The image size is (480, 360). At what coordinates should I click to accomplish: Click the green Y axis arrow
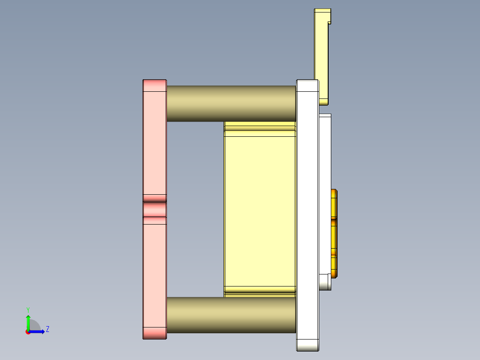point(28,322)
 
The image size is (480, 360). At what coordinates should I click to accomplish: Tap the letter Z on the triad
point(47,329)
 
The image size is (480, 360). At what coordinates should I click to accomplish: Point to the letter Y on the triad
point(28,309)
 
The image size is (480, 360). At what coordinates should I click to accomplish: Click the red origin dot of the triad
point(28,332)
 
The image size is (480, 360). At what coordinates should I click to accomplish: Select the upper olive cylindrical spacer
point(231,103)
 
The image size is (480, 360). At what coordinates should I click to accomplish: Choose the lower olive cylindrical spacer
point(231,315)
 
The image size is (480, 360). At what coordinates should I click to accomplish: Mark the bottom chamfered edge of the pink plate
point(154,333)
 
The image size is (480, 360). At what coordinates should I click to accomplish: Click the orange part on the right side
point(334,232)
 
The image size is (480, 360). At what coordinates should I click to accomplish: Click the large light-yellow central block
point(260,209)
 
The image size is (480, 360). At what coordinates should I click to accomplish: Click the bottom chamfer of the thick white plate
point(308,345)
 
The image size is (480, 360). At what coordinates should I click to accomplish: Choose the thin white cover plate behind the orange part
point(325,156)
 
